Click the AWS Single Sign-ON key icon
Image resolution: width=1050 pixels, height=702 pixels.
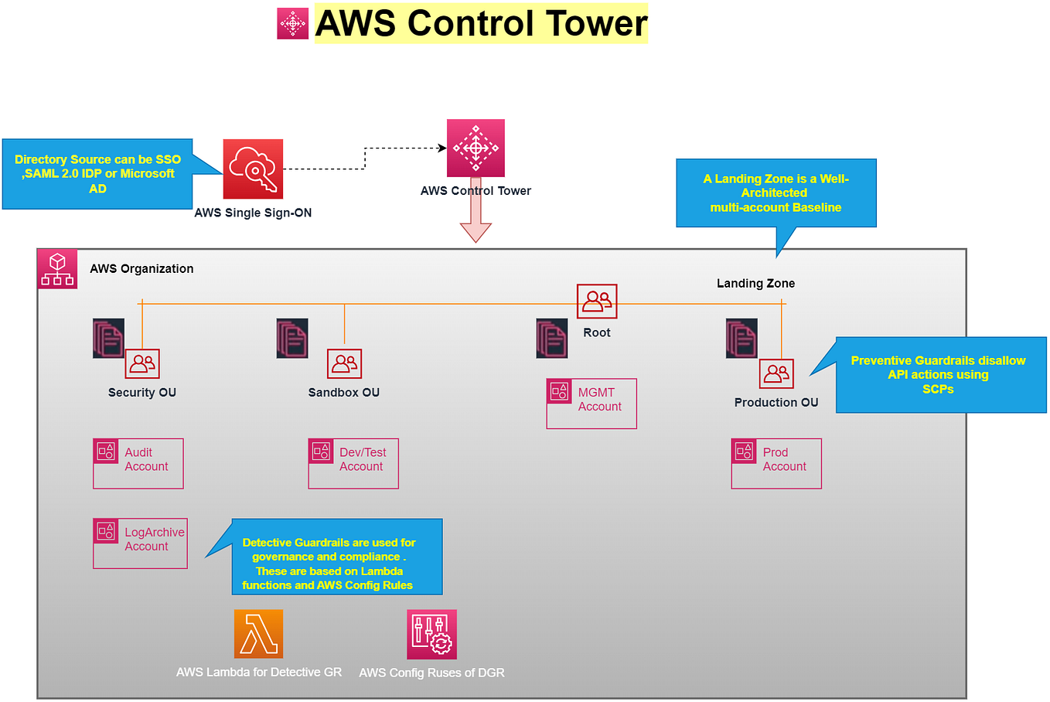[x=253, y=169]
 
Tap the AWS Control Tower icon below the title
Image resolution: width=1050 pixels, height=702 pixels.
[x=476, y=148]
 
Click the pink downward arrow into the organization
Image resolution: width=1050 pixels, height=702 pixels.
[x=476, y=224]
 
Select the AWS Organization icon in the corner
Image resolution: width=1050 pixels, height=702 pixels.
[x=57, y=269]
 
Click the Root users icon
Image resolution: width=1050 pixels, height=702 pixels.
[x=597, y=301]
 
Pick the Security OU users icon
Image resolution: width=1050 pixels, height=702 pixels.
[x=142, y=363]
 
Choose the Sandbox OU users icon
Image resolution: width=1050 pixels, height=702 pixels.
[x=344, y=363]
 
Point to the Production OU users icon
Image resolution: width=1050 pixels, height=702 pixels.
[x=776, y=373]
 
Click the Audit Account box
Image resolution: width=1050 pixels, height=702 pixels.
[x=138, y=463]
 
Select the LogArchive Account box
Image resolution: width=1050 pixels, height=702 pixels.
[x=140, y=543]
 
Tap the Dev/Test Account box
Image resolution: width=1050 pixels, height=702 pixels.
[x=353, y=463]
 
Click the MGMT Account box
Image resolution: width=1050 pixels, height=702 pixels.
[x=591, y=403]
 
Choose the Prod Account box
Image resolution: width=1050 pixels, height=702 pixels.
[x=776, y=463]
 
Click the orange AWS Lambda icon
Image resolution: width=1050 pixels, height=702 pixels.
[x=258, y=634]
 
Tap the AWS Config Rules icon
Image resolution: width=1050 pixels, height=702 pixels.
[x=431, y=634]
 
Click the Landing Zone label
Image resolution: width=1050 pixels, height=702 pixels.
[x=755, y=284]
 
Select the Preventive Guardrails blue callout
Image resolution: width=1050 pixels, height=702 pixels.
[x=941, y=375]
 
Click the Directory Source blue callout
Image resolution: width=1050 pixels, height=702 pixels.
[x=97, y=174]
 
